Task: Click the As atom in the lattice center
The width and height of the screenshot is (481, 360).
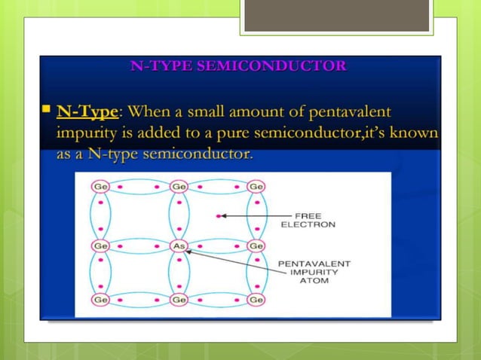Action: (179, 246)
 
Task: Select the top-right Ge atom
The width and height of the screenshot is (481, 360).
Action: (256, 186)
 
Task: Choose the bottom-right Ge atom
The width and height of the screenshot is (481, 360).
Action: (256, 300)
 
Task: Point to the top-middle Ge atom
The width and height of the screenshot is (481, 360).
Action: (179, 186)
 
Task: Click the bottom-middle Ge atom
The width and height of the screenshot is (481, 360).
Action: (179, 300)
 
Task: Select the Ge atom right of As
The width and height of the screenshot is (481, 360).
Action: (256, 246)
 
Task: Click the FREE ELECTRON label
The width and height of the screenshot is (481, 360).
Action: (308, 220)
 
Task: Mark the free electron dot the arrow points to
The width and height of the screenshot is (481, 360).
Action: (219, 216)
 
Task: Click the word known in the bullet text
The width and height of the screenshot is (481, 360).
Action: (413, 133)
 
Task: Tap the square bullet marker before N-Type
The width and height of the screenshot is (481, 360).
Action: (46, 111)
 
